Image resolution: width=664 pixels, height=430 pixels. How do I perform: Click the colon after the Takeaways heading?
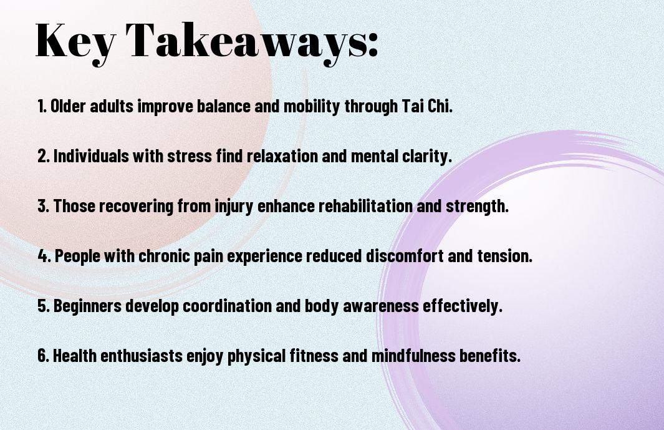373,44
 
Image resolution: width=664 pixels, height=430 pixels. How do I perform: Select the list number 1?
42,106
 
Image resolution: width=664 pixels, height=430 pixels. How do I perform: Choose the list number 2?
43,156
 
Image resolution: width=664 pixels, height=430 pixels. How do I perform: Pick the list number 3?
43,206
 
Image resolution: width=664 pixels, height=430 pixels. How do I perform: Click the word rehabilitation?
365,206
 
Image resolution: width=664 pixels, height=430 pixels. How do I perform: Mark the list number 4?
44,256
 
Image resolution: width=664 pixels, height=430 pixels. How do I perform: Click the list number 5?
43,306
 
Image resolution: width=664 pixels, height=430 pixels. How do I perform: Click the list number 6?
43,355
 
